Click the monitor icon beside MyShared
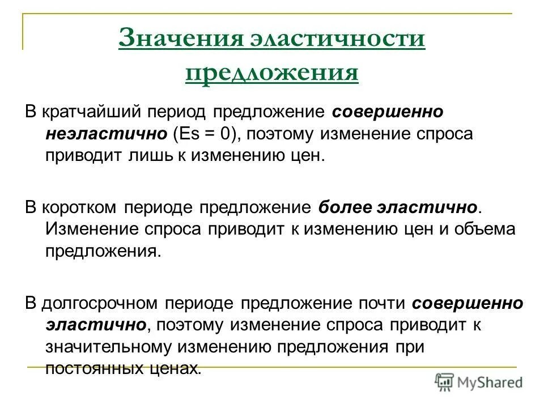pyautogui.click(x=444, y=381)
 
